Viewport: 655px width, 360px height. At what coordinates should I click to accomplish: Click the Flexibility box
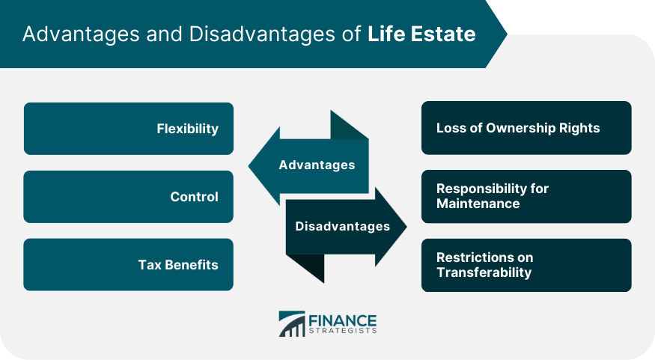coord(129,129)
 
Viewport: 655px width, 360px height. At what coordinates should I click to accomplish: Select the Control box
coord(128,197)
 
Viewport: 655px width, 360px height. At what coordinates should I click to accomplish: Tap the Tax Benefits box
coord(128,265)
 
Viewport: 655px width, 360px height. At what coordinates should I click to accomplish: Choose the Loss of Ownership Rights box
coord(526,128)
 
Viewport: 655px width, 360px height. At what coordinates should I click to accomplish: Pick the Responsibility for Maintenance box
coord(526,196)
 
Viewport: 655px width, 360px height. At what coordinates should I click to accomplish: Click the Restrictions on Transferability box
coord(526,265)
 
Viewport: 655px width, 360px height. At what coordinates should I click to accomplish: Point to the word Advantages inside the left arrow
coord(317,165)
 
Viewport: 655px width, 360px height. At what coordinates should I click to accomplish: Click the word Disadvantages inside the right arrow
coord(343,226)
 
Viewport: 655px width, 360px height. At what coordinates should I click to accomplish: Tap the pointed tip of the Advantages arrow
coord(249,166)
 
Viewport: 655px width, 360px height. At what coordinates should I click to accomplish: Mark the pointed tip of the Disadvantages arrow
coord(406,227)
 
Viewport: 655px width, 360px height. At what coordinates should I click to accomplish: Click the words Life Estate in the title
coord(421,34)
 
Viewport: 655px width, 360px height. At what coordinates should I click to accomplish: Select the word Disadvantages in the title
coord(262,34)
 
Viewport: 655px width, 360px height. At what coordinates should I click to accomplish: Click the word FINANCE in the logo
coord(343,321)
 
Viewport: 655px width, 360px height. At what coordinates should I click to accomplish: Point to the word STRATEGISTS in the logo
coord(343,331)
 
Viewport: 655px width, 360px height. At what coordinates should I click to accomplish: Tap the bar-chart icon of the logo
coord(292,323)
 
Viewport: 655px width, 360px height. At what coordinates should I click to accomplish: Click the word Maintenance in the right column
coord(478,204)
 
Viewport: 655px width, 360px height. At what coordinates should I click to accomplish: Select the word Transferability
coord(484,272)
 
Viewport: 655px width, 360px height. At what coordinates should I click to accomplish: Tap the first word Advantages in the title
coord(81,34)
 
